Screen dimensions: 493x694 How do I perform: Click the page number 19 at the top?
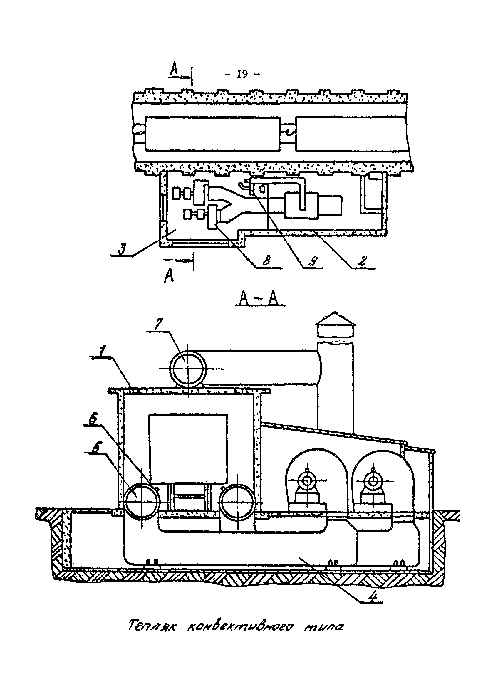242,74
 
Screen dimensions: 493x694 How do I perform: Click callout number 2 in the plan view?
363,261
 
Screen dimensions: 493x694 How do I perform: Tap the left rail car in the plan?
212,134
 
